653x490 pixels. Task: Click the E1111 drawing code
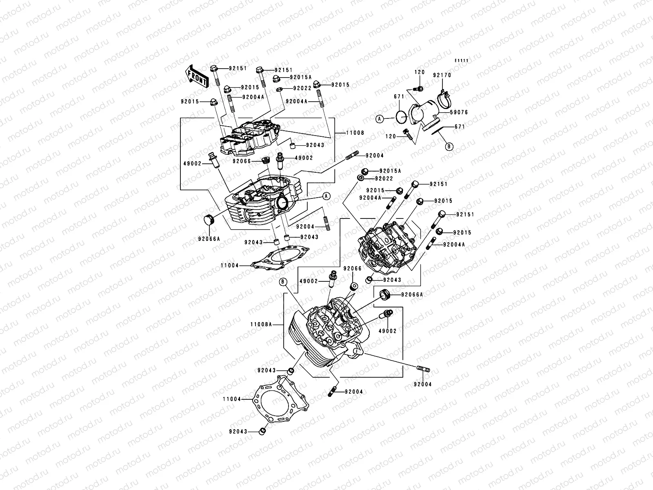tap(462, 61)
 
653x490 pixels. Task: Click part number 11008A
tap(260, 325)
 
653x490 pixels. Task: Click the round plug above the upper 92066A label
tap(209, 219)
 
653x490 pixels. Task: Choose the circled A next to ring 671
tap(380, 119)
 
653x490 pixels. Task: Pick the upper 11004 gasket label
tap(229, 265)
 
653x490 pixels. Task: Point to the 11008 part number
tap(355, 133)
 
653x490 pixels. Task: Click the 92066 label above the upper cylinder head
tap(242, 161)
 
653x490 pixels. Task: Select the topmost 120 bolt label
tap(420, 72)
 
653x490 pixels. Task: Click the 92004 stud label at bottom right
tap(422, 384)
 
